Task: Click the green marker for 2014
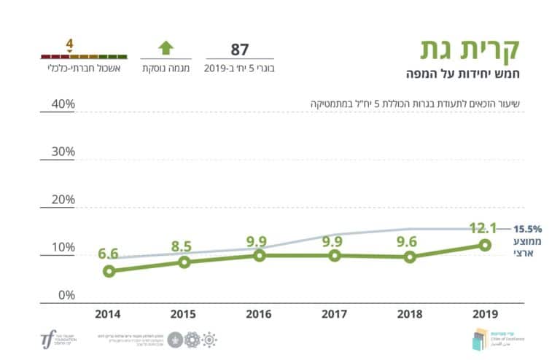(109, 271)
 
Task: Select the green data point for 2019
(484, 245)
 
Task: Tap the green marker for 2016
(260, 256)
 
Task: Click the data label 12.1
(483, 228)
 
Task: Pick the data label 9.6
(409, 240)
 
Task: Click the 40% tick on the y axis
(62, 103)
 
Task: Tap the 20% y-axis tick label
(62, 200)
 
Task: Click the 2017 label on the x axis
(335, 314)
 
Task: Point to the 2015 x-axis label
(184, 314)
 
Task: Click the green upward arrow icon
(166, 49)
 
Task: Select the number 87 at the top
(240, 50)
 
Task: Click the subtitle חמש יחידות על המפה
(463, 73)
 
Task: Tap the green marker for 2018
(410, 257)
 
